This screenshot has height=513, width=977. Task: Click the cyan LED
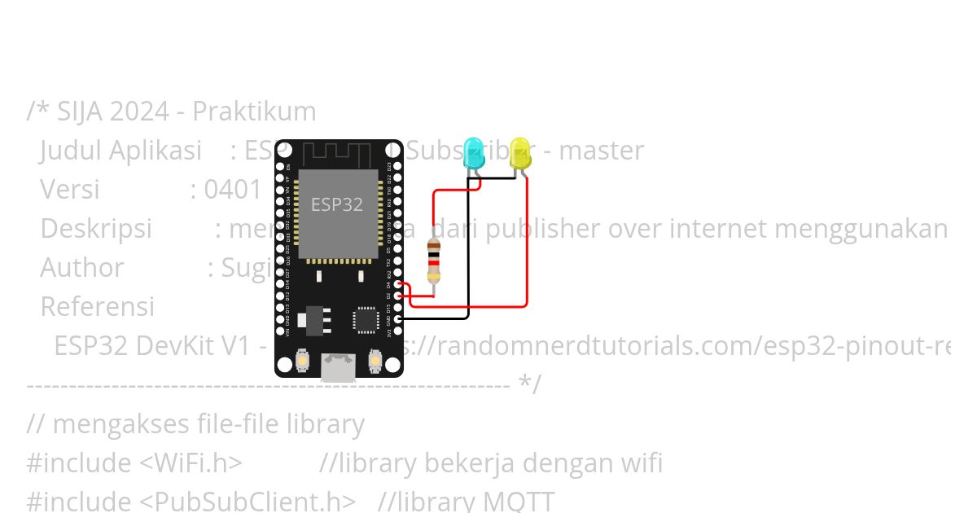pyautogui.click(x=473, y=154)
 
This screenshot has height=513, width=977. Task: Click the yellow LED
pyautogui.click(x=520, y=154)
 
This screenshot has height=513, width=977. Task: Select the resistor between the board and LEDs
pyautogui.click(x=434, y=260)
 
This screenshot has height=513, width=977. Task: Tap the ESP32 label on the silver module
pyautogui.click(x=337, y=204)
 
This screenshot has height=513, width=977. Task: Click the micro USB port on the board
pyautogui.click(x=339, y=367)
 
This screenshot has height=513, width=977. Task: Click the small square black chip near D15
pyautogui.click(x=366, y=319)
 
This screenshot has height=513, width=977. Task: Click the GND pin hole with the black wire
pyautogui.click(x=397, y=319)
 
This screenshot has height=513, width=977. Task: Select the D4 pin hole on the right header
pyautogui.click(x=397, y=284)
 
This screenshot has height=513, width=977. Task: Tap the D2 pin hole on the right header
pyautogui.click(x=397, y=296)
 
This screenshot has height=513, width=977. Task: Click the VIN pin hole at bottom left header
pyautogui.click(x=281, y=331)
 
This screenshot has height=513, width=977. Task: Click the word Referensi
pyautogui.click(x=97, y=307)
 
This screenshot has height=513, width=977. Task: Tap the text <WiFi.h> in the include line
pyautogui.click(x=191, y=463)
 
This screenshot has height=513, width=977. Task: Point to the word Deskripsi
pyautogui.click(x=96, y=229)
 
